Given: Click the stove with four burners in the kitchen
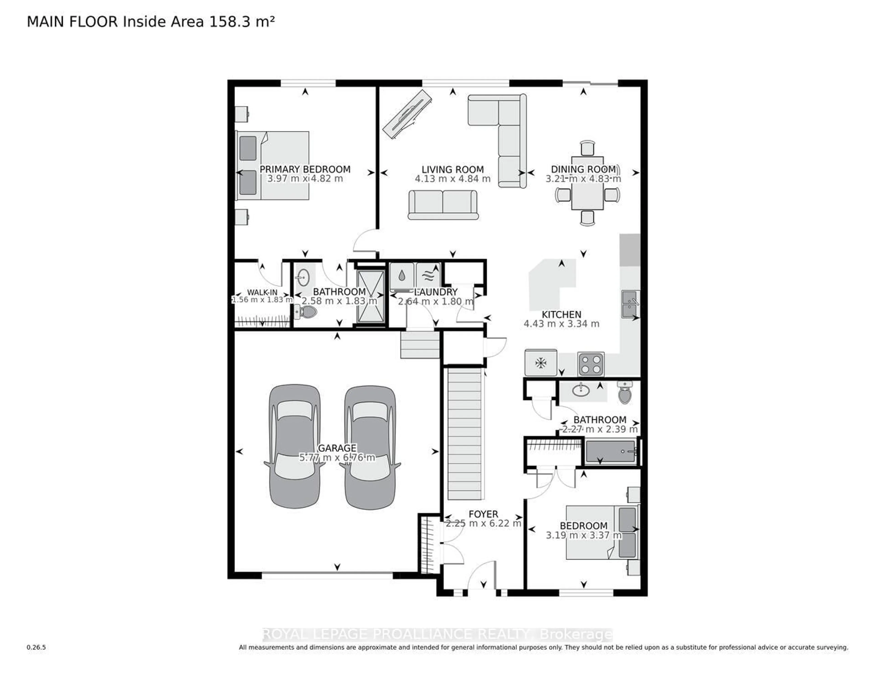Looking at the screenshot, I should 591,364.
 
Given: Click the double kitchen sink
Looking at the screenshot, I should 630,304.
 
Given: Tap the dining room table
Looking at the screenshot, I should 587,183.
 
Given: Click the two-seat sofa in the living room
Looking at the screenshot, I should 443,204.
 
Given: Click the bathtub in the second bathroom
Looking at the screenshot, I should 611,451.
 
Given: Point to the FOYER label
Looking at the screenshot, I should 483,514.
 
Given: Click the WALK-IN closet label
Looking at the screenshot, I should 262,292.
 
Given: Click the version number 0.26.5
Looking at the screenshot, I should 36,647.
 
